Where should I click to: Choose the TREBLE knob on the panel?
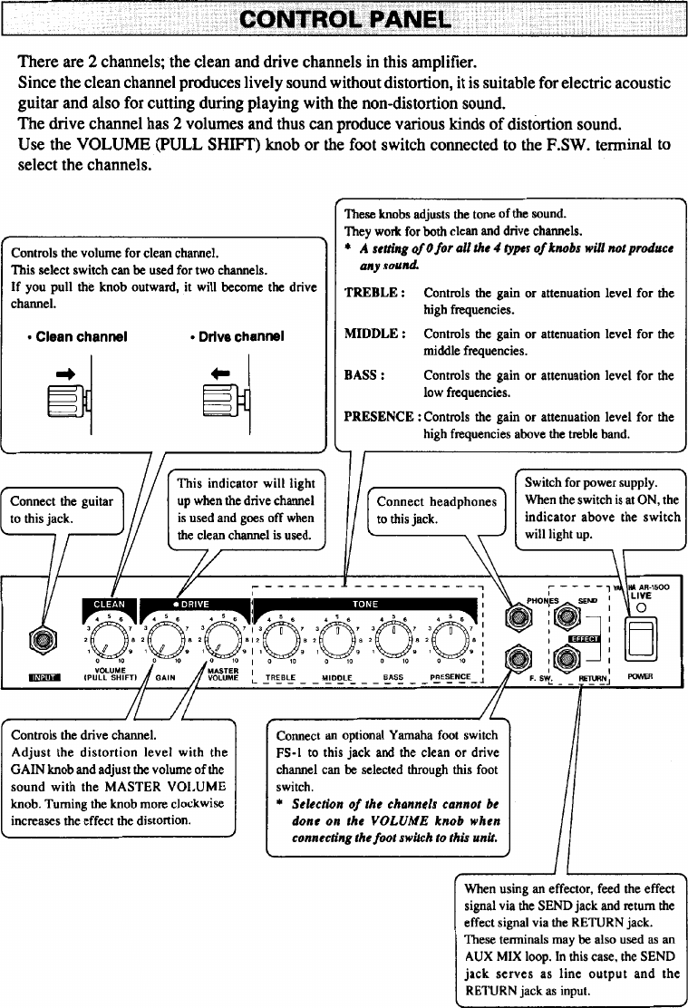pyautogui.click(x=282, y=642)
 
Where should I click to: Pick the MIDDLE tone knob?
pyautogui.click(x=337, y=642)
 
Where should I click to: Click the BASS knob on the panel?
pyautogui.click(x=393, y=642)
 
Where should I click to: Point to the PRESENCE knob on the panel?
pyautogui.click(x=450, y=642)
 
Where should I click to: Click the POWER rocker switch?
pyautogui.click(x=640, y=640)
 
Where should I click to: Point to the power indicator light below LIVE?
pyautogui.click(x=640, y=609)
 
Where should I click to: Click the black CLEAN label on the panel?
pyautogui.click(x=109, y=606)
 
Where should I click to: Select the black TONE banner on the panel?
pyautogui.click(x=365, y=605)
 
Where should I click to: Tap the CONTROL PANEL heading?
pyautogui.click(x=344, y=20)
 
